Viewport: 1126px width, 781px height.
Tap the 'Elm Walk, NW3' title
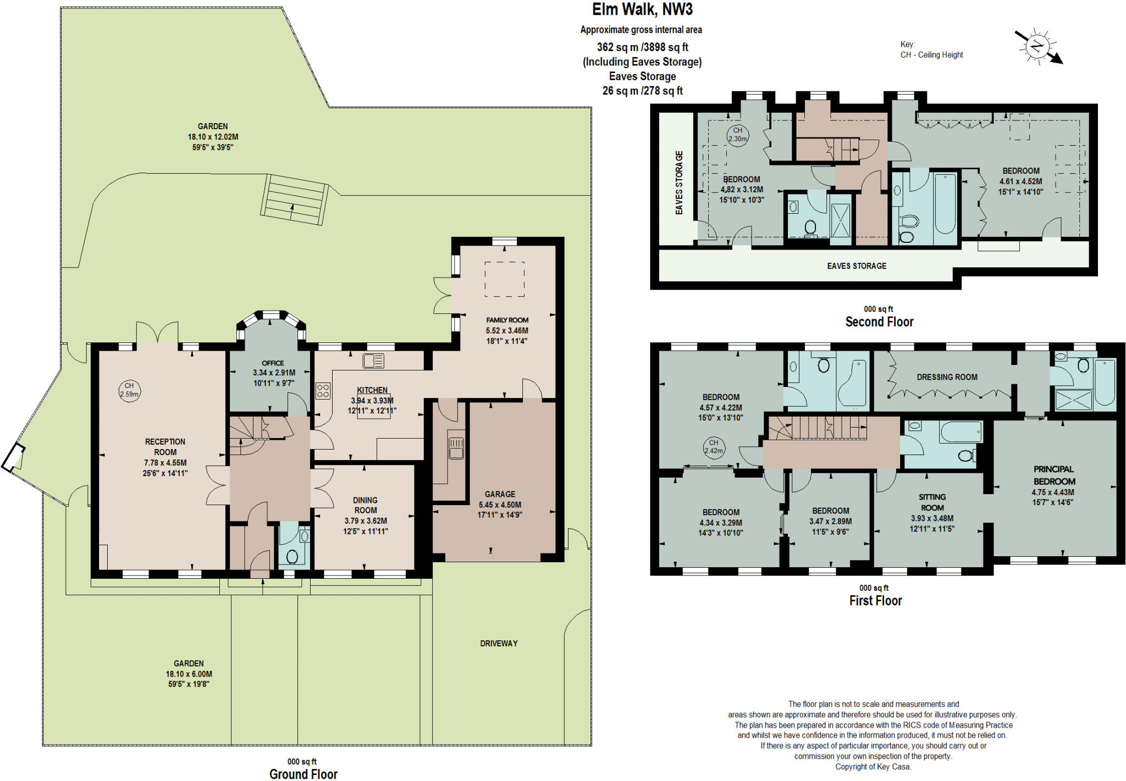642,9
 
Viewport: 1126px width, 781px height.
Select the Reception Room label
165,447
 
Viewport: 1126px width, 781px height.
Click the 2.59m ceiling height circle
129,390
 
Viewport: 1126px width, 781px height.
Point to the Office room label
273,363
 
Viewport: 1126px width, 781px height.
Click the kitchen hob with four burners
323,391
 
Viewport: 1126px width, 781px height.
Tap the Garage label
500,494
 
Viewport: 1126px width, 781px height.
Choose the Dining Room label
365,505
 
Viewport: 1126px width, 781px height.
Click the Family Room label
507,320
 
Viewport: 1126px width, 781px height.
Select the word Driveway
499,643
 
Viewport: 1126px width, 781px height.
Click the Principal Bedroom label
1053,475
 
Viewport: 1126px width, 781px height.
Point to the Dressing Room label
947,377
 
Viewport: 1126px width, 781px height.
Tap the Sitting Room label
932,502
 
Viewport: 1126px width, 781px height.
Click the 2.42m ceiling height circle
714,447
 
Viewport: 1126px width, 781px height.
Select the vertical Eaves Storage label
679,182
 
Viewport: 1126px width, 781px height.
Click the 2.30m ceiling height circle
738,135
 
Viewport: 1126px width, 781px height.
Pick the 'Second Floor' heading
879,322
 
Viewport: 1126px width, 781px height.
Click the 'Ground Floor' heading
303,774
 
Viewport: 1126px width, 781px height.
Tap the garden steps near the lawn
294,200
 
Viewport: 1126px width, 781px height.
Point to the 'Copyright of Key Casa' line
873,767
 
